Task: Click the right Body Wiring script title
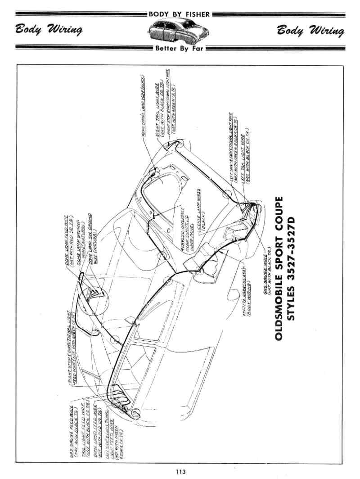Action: click(311, 31)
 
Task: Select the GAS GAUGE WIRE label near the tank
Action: click(268, 273)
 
